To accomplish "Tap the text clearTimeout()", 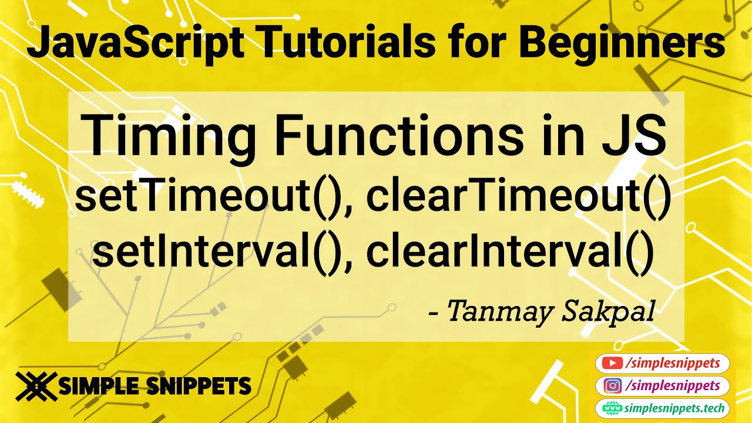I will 518,199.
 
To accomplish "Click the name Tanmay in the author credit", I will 502,311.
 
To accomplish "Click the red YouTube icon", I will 613,364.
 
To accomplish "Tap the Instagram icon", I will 613,386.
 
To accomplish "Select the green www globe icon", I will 613,408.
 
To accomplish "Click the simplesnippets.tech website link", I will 676,408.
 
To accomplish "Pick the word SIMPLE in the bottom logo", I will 98,386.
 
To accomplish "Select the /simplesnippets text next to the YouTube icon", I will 673,364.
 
